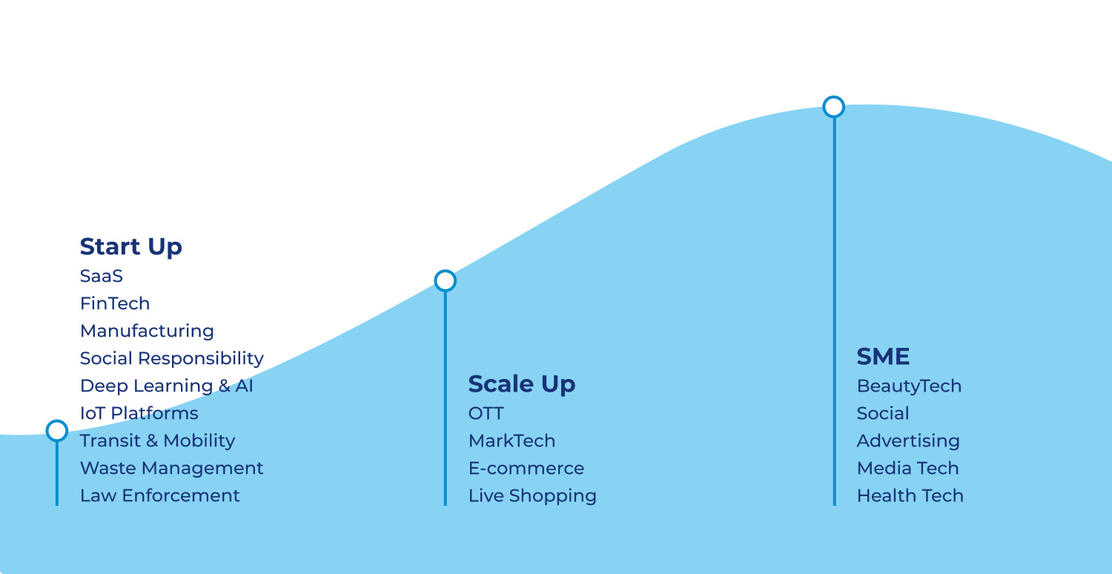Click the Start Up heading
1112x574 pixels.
click(x=131, y=247)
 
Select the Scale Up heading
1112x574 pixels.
click(x=522, y=384)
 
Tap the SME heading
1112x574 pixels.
click(x=883, y=357)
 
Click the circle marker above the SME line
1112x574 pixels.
click(x=833, y=107)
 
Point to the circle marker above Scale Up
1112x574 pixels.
click(x=446, y=280)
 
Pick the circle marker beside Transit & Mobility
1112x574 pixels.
click(x=57, y=430)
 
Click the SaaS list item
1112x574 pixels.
click(x=102, y=276)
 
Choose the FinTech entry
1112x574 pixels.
click(x=115, y=303)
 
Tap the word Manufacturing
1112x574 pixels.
click(x=147, y=331)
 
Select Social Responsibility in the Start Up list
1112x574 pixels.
click(x=172, y=358)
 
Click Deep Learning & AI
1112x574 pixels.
click(x=167, y=386)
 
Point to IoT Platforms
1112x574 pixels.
click(x=139, y=413)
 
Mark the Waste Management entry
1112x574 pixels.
click(x=172, y=468)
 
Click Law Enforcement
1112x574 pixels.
click(x=160, y=495)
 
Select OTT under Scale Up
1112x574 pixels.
click(x=486, y=414)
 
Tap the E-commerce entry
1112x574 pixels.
click(x=526, y=468)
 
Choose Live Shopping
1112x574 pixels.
click(x=532, y=496)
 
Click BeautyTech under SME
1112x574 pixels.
click(x=909, y=386)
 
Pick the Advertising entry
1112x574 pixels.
click(x=908, y=441)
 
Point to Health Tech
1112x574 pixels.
click(x=910, y=495)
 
